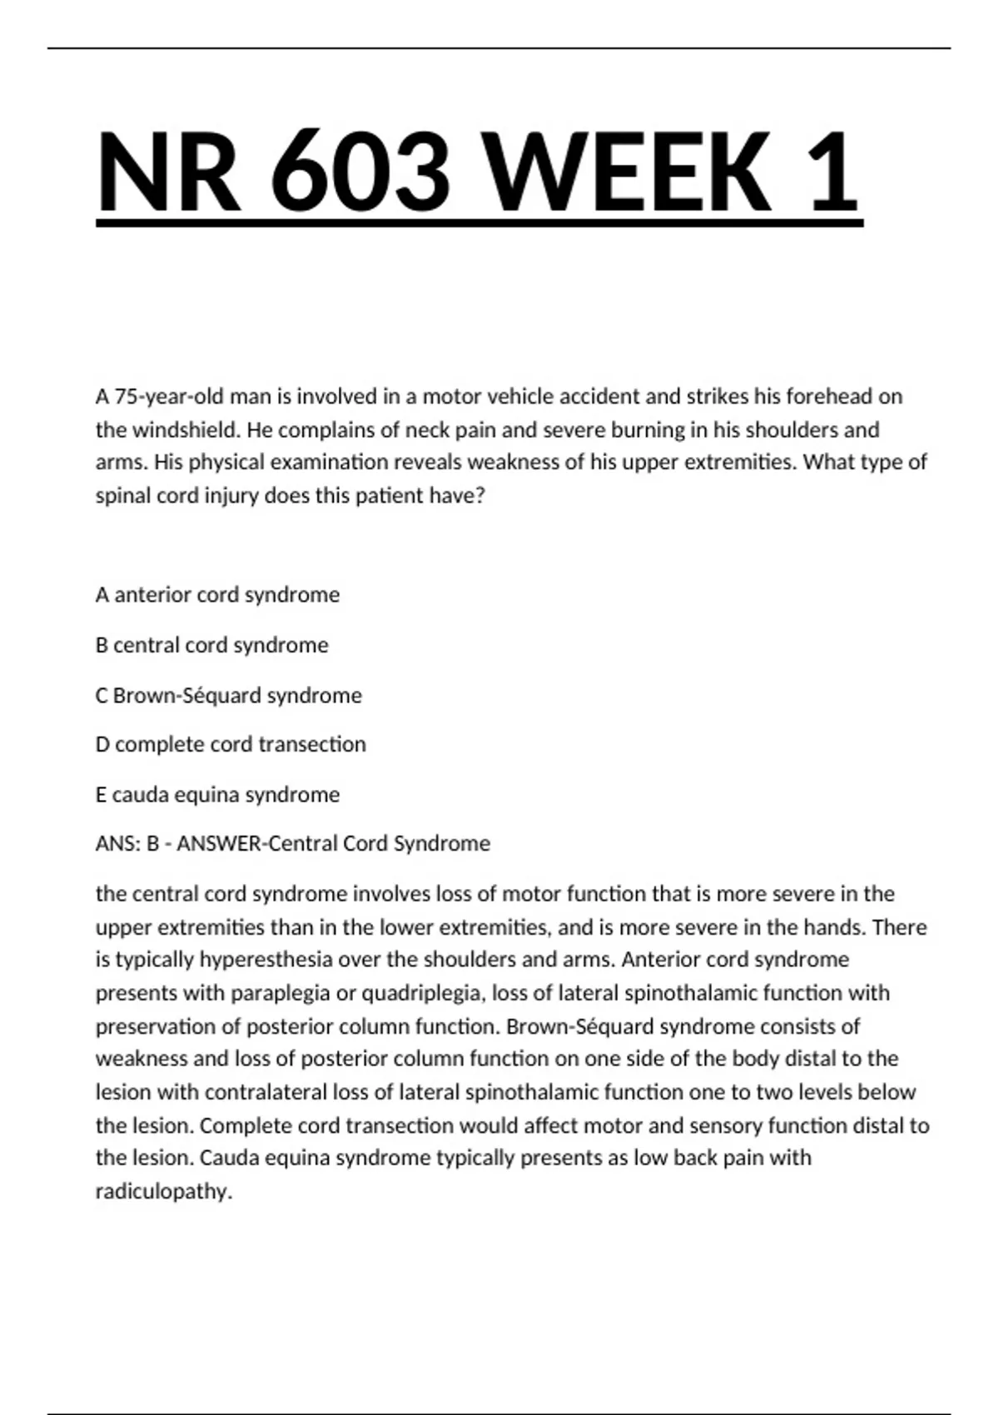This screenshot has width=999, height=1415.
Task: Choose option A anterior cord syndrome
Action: (x=217, y=594)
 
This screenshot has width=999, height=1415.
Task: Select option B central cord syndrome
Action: (x=211, y=645)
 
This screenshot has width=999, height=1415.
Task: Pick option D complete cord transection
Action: (x=231, y=744)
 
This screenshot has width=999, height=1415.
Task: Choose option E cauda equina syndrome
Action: (x=217, y=794)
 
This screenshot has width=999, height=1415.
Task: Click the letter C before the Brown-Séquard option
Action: (x=102, y=695)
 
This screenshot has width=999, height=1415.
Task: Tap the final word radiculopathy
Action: (x=163, y=1191)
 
